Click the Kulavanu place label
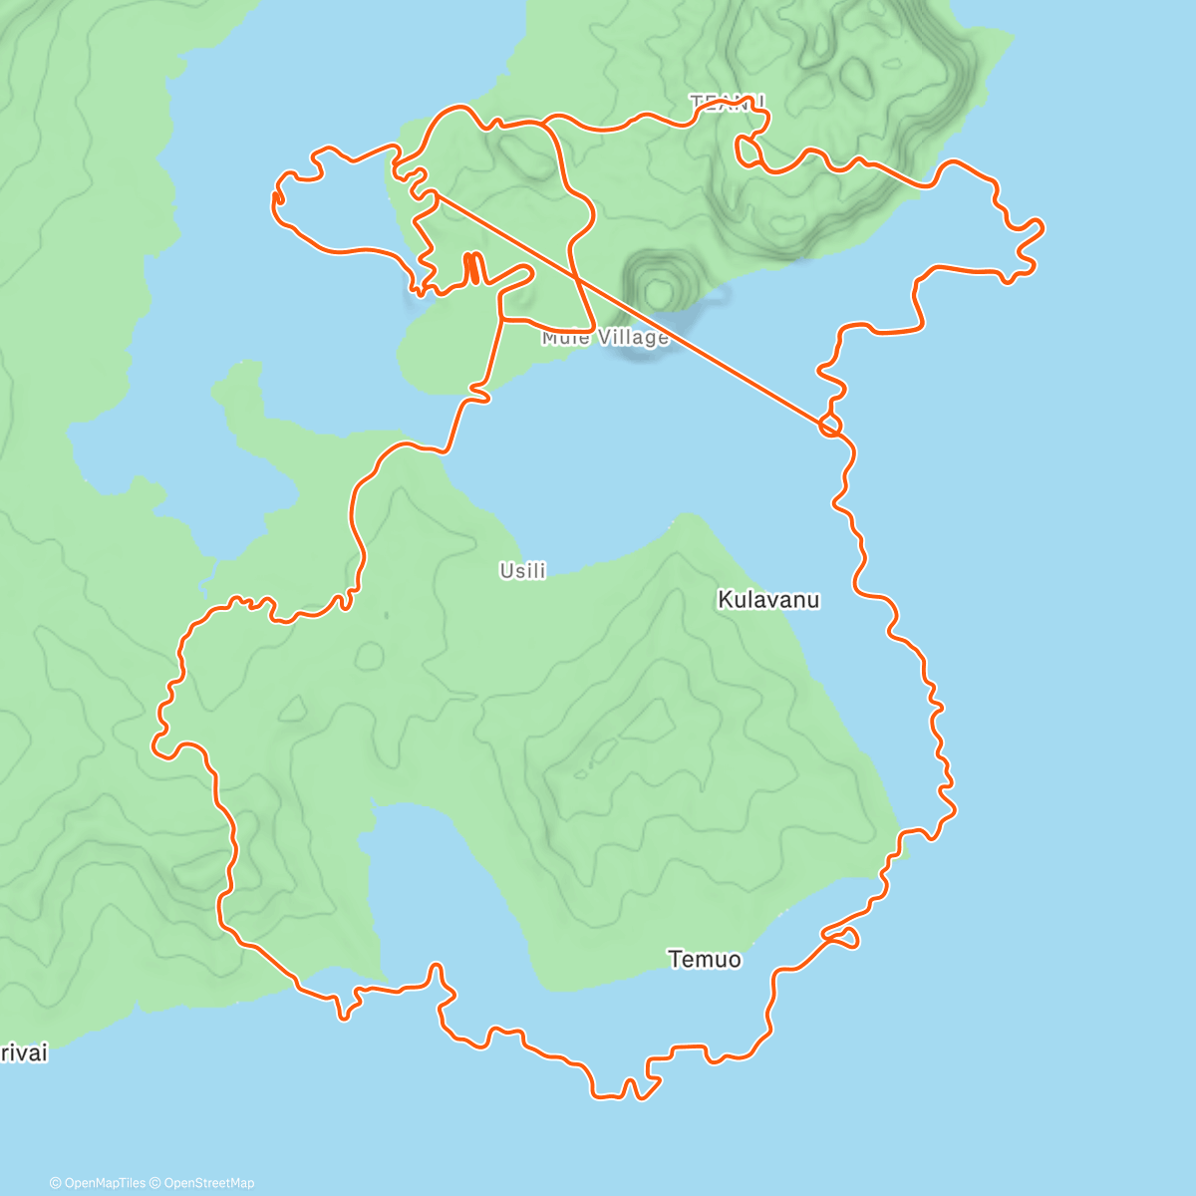(768, 600)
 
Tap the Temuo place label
(705, 960)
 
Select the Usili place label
(523, 571)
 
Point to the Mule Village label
(605, 338)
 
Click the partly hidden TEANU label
(728, 101)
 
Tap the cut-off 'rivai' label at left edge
(23, 1053)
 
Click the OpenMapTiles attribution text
(104, 1183)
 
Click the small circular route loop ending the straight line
(829, 427)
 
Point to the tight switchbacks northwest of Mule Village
(473, 268)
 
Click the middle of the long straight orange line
(628, 307)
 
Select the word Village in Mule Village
(634, 338)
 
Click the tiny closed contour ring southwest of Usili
(369, 656)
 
